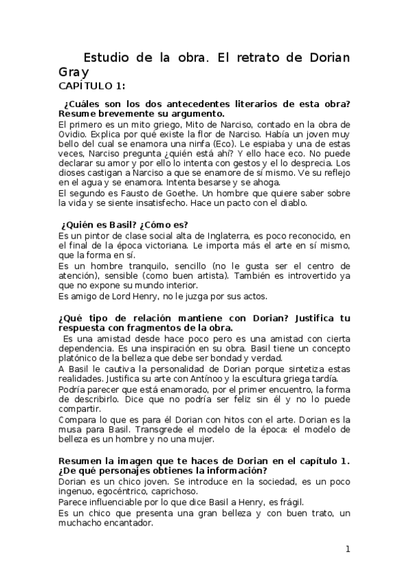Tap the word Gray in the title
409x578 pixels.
coord(73,71)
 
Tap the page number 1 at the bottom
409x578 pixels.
coord(348,549)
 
